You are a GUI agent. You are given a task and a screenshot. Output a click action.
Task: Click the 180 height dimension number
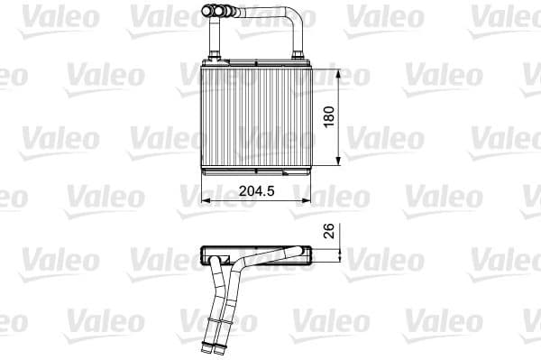[x=330, y=116]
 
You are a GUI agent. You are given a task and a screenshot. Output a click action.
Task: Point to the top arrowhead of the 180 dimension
[x=339, y=70]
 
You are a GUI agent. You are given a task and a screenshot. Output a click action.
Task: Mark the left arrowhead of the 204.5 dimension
[x=201, y=200]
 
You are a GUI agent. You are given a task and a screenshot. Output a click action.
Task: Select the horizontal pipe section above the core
[x=261, y=13]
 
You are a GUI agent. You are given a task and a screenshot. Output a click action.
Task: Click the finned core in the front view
[x=254, y=117]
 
